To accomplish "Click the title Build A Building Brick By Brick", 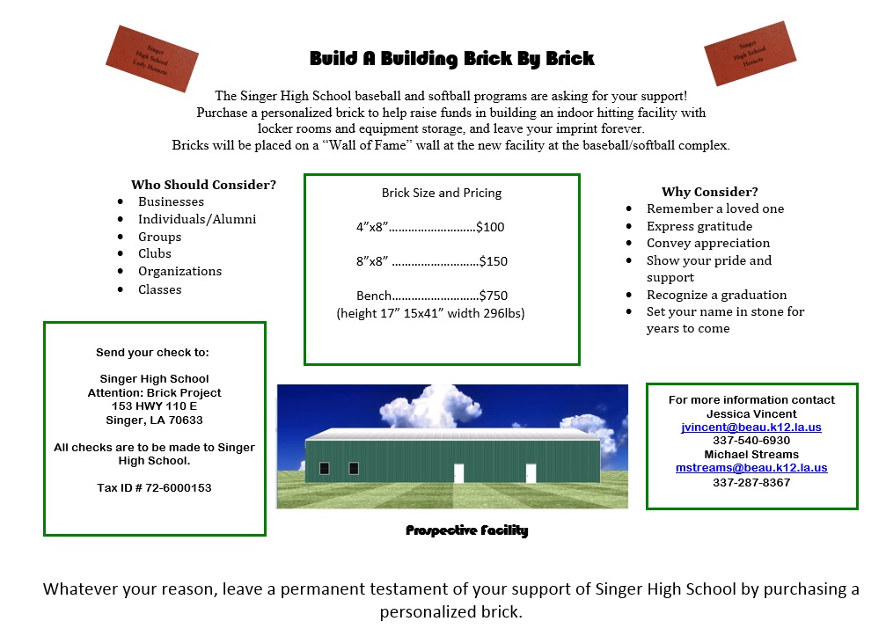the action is [451, 59].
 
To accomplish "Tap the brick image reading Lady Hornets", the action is [152, 59].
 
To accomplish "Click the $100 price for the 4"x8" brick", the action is [490, 227].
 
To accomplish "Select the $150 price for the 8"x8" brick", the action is [494, 261].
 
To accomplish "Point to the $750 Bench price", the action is [494, 296].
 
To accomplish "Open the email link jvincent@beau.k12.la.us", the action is [751, 427].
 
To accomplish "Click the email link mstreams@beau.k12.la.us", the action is [751, 468].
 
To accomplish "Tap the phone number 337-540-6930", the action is [751, 441].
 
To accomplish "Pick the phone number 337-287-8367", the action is [751, 482].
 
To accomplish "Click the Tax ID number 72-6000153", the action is [179, 488].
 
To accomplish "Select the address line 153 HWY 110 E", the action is [154, 406].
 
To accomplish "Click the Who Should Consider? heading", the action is [203, 185].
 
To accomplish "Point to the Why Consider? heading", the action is [710, 192].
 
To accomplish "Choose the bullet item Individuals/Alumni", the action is [197, 219].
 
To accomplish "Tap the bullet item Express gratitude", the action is [699, 226].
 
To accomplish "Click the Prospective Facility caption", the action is [466, 530].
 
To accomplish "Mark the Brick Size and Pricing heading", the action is [442, 194].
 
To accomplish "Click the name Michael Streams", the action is [751, 455].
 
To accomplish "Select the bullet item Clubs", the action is [155, 253].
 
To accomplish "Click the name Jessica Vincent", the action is [751, 414].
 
